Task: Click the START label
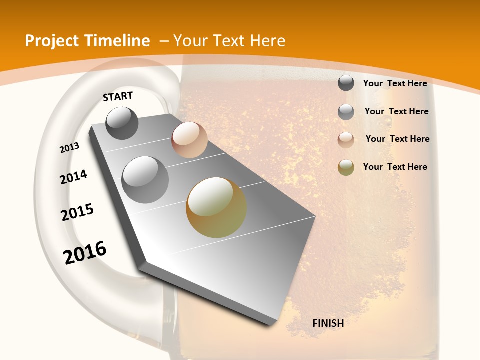tap(118, 96)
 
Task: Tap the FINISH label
tap(328, 323)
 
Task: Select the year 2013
tap(70, 148)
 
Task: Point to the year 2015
tap(77, 212)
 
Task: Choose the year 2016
tap(85, 253)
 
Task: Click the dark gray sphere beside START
tap(122, 123)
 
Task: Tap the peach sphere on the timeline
tap(189, 140)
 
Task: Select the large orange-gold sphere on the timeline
tap(216, 207)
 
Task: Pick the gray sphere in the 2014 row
tap(145, 180)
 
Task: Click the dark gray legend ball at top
tap(346, 83)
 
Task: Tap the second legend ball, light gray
tap(346, 112)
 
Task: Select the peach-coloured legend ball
tap(346, 139)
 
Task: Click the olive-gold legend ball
tap(346, 167)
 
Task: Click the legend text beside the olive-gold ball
tap(395, 167)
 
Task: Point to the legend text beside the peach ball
tap(397, 139)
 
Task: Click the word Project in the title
tap(52, 41)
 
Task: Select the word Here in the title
tap(268, 41)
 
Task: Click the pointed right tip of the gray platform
tap(314, 216)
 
